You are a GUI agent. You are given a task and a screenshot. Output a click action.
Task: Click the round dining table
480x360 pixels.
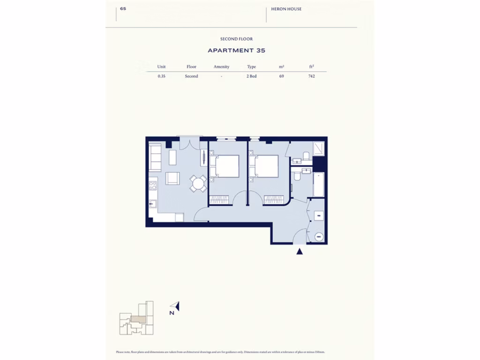199,183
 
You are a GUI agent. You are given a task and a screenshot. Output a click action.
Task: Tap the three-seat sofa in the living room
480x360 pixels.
155,157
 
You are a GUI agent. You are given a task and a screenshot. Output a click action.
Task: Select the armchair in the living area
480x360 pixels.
172,179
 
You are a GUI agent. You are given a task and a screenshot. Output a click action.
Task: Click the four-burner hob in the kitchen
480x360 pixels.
153,185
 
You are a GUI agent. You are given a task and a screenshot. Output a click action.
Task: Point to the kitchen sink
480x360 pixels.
152,204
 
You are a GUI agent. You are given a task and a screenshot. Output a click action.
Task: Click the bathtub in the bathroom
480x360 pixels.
319,185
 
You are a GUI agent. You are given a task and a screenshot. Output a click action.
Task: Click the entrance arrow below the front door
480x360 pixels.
300,252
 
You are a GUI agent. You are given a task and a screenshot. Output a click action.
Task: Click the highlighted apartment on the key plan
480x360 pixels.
138,319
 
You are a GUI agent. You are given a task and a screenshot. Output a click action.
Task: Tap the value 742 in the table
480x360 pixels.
312,76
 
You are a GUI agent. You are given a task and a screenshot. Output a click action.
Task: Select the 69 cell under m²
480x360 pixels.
281,76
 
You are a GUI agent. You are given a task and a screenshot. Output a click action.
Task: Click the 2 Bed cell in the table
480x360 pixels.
252,76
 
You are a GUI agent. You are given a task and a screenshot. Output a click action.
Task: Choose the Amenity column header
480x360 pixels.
221,67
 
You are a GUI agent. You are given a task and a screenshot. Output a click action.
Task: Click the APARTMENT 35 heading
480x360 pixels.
237,50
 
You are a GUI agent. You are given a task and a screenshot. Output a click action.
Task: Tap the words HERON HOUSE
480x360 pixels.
286,9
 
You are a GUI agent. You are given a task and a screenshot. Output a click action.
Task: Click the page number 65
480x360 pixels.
123,8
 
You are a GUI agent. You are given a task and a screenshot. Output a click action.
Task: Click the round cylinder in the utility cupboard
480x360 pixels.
319,237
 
